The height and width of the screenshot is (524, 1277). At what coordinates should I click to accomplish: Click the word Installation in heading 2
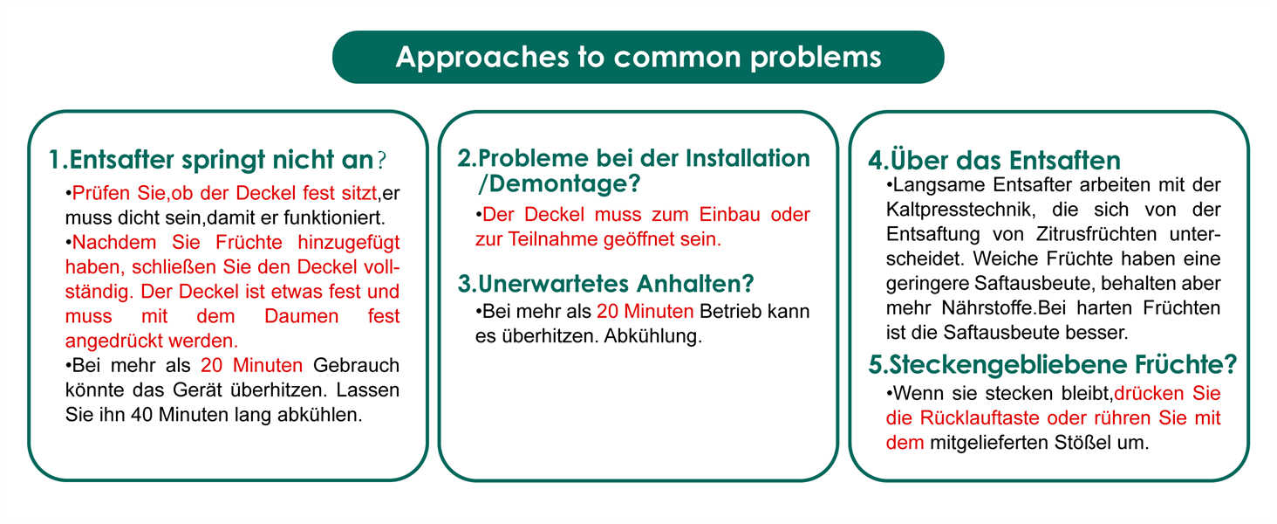pos(748,158)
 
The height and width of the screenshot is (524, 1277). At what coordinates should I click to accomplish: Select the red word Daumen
pos(301,316)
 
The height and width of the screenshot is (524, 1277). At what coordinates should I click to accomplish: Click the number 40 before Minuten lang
pos(141,415)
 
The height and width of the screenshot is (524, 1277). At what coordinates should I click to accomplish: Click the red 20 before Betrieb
pos(607,312)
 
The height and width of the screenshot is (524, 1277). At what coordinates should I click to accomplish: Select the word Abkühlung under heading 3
pos(652,336)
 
